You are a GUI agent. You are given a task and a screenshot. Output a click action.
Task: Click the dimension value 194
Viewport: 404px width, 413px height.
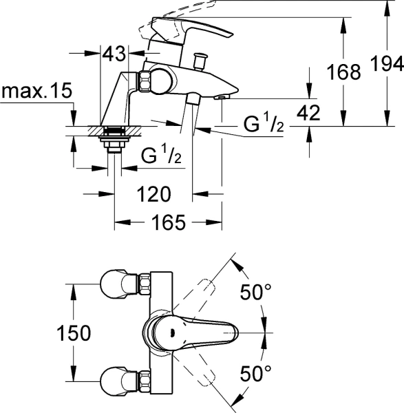pyautogui.click(x=388, y=64)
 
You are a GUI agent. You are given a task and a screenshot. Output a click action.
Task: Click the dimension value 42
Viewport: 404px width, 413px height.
pyautogui.click(x=310, y=114)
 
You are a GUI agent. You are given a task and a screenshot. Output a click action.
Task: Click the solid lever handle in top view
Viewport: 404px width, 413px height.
pyautogui.click(x=200, y=333)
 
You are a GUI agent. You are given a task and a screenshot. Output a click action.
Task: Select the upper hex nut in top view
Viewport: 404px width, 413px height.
pyautogui.click(x=145, y=284)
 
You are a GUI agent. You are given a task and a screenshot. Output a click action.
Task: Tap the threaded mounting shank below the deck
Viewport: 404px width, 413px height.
pyautogui.click(x=111, y=141)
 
